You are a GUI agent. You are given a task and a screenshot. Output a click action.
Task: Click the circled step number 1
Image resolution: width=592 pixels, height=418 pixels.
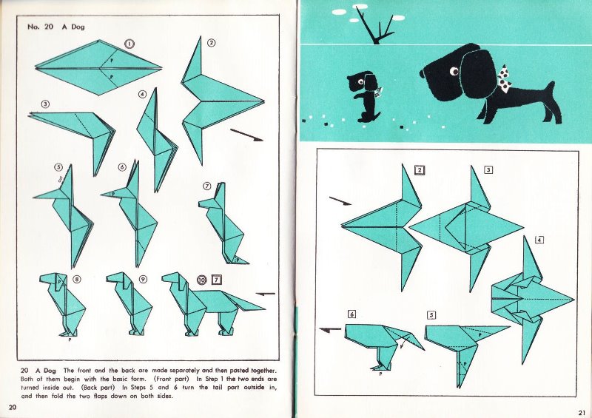[x=129, y=44]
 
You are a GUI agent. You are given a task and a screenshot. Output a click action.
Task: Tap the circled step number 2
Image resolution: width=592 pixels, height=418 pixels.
[x=212, y=43]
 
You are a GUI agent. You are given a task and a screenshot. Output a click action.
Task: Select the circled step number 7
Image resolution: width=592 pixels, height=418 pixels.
[x=207, y=186]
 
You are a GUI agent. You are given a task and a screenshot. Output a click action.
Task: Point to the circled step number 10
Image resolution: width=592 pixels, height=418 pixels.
[x=201, y=280]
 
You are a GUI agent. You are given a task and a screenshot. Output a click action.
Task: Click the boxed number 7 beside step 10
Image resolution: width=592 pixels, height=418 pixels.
[x=216, y=280]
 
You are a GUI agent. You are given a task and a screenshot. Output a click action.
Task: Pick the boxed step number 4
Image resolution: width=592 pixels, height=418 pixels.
[x=539, y=240]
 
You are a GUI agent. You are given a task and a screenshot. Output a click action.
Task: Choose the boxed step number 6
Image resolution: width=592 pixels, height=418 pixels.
[x=351, y=314]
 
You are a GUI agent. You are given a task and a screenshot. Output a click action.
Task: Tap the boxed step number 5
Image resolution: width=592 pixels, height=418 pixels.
[x=431, y=315]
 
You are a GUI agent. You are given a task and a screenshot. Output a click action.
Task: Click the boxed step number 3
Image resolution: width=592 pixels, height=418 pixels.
[x=488, y=170]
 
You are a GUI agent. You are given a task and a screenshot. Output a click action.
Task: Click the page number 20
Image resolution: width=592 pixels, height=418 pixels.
[x=13, y=407]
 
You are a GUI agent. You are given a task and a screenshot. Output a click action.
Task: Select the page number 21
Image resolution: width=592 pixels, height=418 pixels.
[x=582, y=412]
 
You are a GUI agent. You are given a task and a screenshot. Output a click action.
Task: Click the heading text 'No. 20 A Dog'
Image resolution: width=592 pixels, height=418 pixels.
[x=56, y=27]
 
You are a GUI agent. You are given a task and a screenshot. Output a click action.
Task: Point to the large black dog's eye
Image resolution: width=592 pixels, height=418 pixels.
[x=454, y=71]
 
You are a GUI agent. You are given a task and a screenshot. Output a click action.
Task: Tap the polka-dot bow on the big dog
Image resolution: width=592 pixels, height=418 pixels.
[x=504, y=79]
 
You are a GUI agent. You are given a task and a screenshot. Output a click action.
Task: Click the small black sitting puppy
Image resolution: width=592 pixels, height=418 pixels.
[x=364, y=96]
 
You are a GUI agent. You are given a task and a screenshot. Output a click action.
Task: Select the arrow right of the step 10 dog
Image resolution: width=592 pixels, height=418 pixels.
[x=266, y=294]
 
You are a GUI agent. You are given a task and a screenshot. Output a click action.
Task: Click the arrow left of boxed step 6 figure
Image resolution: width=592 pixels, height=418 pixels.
[x=330, y=330]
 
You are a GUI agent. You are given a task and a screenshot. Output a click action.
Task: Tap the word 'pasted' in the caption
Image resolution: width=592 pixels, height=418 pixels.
[x=240, y=371]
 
